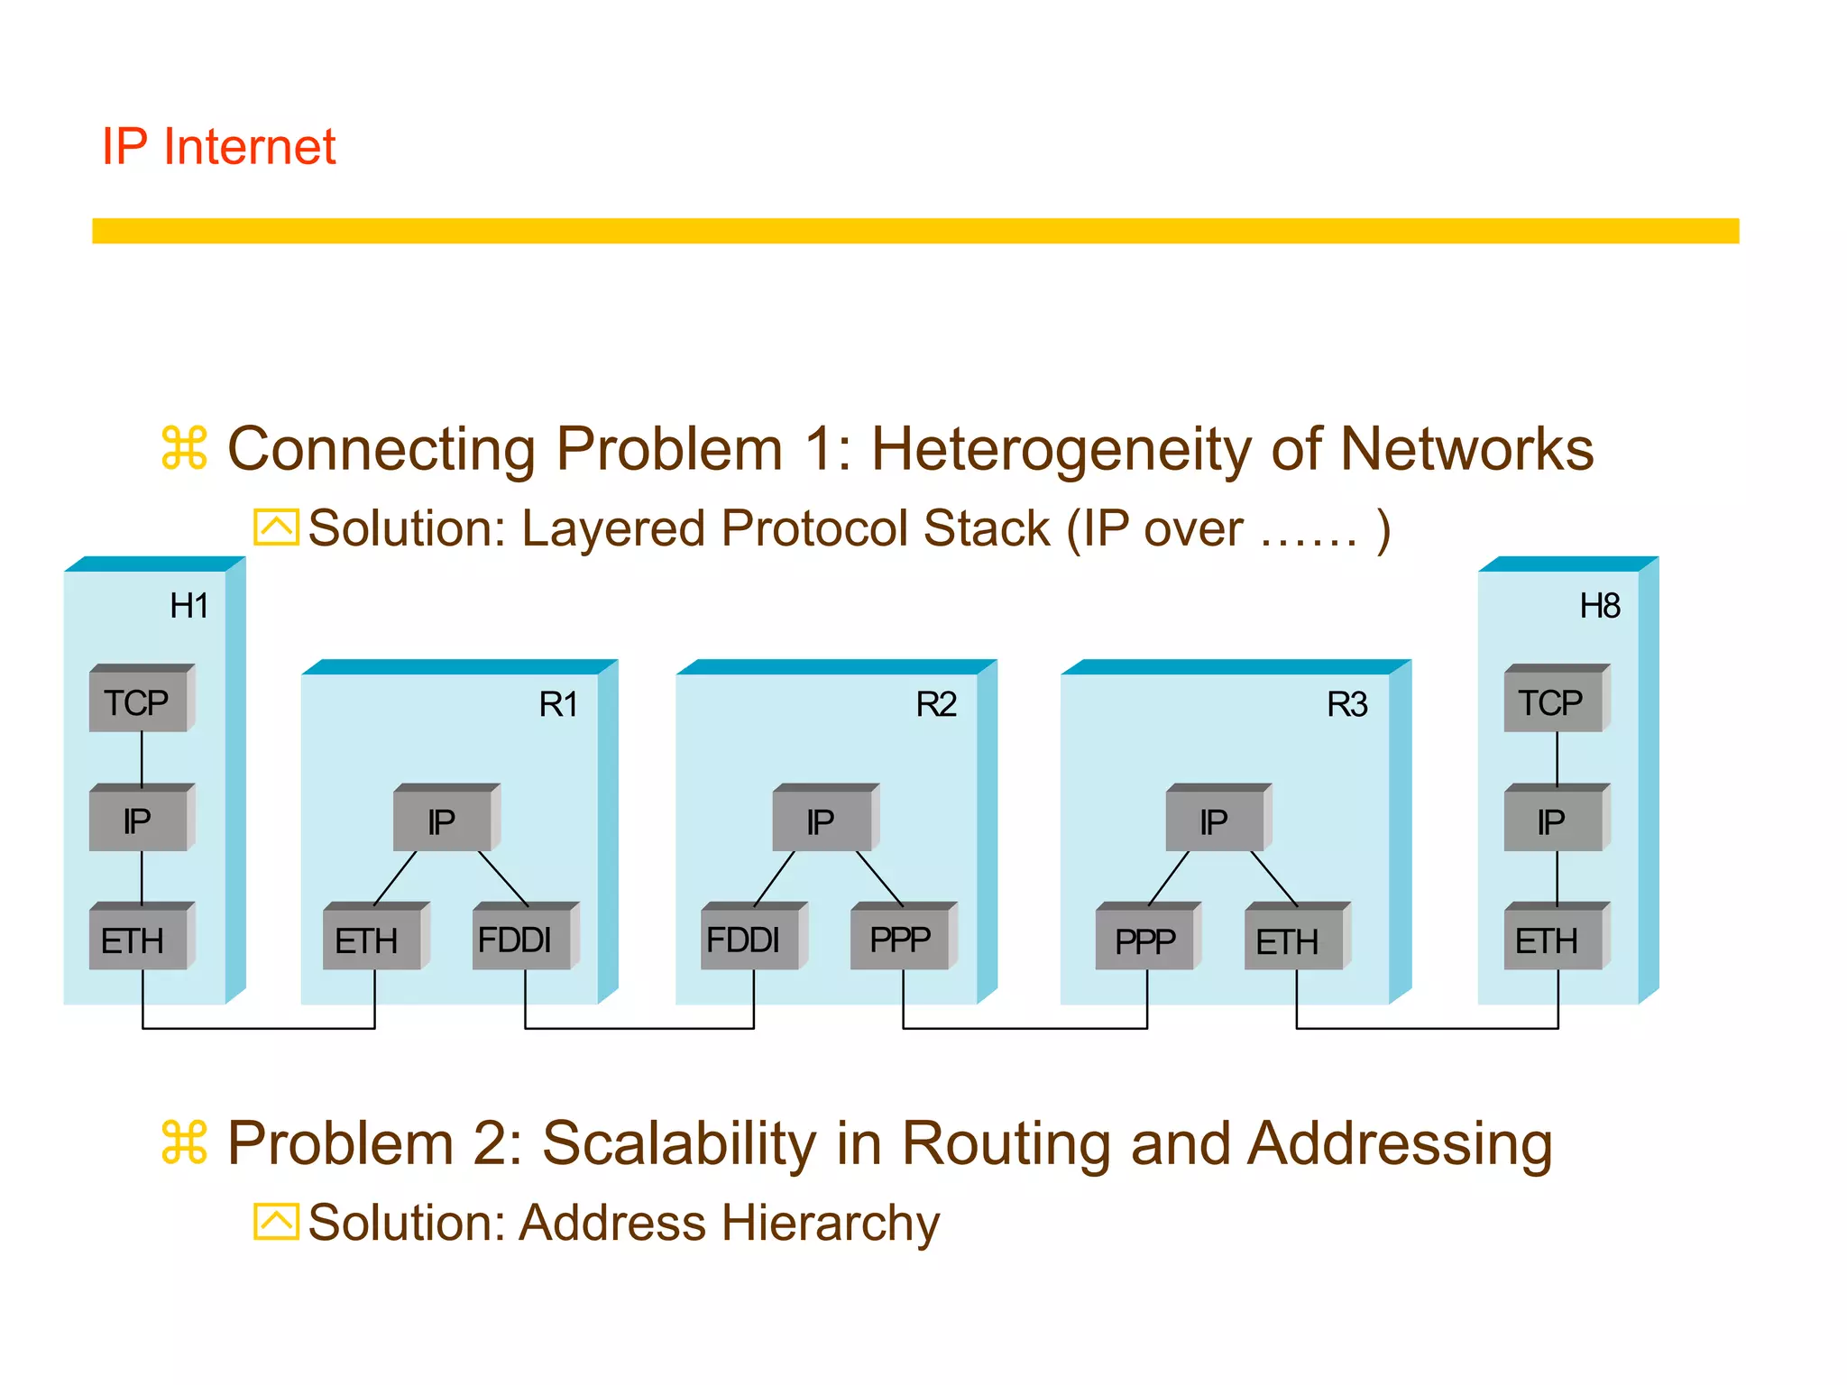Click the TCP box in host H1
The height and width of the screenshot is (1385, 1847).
click(x=139, y=702)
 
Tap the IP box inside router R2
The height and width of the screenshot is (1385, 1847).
click(x=822, y=821)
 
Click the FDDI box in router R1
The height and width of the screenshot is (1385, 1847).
click(x=520, y=940)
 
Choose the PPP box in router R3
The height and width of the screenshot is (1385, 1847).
click(x=1144, y=940)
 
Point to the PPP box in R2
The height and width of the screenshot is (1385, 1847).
click(x=900, y=940)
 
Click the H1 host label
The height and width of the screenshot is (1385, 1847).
click(x=189, y=606)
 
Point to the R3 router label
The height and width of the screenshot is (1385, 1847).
click(x=1346, y=704)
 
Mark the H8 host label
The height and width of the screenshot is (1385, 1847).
click(x=1600, y=606)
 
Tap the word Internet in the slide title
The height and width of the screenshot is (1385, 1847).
click(x=249, y=146)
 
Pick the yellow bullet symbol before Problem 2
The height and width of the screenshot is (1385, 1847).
click(x=185, y=1142)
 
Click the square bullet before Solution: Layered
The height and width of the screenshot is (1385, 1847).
click(x=276, y=527)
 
